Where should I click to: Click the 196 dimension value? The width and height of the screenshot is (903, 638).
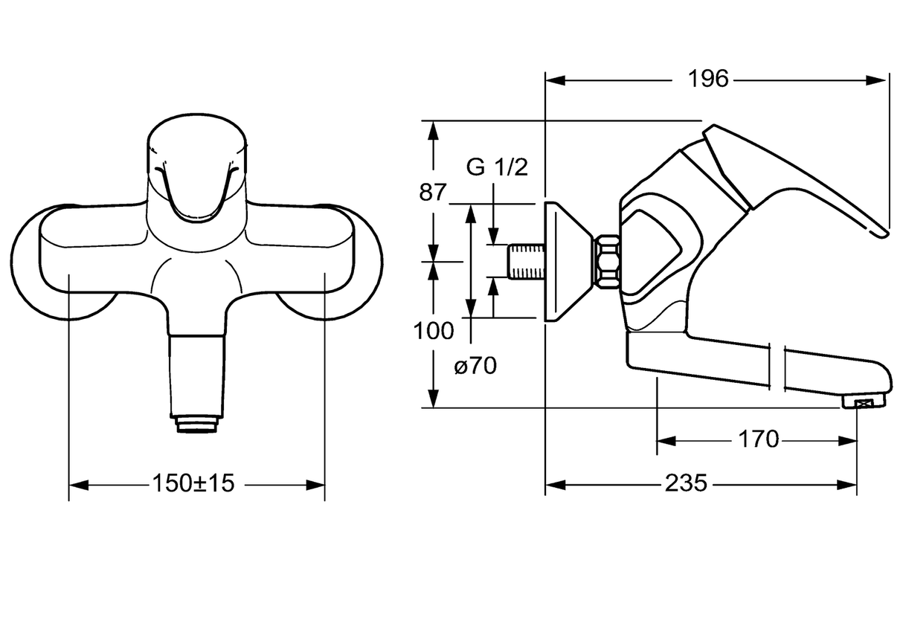pyautogui.click(x=708, y=79)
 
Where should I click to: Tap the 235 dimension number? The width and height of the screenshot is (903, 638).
pyautogui.click(x=686, y=483)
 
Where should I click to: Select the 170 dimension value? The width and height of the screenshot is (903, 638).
pyautogui.click(x=758, y=439)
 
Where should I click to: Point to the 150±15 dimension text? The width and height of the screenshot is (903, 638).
pyautogui.click(x=193, y=483)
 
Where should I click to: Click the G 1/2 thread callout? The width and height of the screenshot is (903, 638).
pyautogui.click(x=497, y=167)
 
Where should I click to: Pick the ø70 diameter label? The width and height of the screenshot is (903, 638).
pyautogui.click(x=475, y=366)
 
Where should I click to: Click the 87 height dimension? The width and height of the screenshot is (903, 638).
pyautogui.click(x=434, y=193)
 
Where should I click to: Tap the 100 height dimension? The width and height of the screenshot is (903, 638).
pyautogui.click(x=434, y=331)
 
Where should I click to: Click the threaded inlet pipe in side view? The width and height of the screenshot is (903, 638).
pyautogui.click(x=526, y=261)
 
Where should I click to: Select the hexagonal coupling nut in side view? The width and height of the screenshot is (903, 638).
pyautogui.click(x=607, y=262)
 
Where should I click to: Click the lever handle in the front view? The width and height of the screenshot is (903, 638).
pyautogui.click(x=196, y=190)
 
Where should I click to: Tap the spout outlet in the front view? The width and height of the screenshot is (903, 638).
pyautogui.click(x=196, y=424)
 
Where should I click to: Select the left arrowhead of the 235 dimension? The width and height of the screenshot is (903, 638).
pyautogui.click(x=555, y=485)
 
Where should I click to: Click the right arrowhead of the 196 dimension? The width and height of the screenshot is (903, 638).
pyautogui.click(x=876, y=80)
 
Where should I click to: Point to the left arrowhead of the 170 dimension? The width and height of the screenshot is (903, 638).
pyautogui.click(x=666, y=441)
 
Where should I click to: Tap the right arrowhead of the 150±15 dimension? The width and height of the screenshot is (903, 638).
pyautogui.click(x=315, y=485)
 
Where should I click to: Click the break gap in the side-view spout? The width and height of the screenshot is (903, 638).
pyautogui.click(x=777, y=367)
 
